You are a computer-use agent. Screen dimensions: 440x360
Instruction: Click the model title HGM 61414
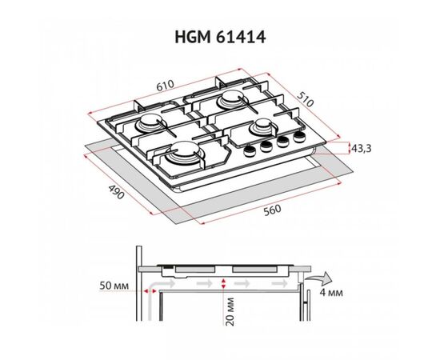[x=220, y=37]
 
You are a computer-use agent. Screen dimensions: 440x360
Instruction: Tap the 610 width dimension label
[x=166, y=86]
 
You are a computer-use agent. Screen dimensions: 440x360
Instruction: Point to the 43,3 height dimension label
[x=362, y=149]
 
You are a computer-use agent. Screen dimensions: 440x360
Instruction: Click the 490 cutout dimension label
[x=116, y=191]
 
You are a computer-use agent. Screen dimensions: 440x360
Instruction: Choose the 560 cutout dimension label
[x=272, y=210]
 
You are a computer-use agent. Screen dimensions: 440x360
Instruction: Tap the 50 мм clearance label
[x=114, y=286]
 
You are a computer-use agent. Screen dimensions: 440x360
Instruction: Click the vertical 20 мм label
[x=230, y=312]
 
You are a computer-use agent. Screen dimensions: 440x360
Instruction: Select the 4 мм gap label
[x=331, y=293]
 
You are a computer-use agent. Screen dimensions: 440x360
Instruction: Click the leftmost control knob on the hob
[x=248, y=150]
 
